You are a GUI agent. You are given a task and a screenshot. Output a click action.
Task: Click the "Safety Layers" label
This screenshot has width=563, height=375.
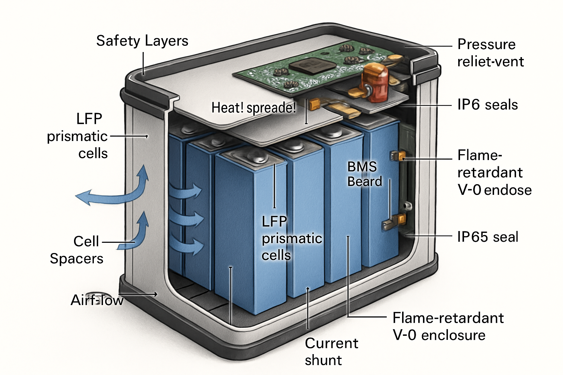coord(142,41)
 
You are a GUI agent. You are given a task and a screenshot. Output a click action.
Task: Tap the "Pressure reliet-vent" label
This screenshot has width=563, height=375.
coord(490,53)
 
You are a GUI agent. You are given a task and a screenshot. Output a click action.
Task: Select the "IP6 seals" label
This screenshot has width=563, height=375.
coord(487,105)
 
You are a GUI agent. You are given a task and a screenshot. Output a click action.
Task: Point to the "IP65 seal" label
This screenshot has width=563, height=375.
coord(487,237)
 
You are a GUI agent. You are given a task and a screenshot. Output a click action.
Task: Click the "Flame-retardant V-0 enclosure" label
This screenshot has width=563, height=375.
coord(448,326)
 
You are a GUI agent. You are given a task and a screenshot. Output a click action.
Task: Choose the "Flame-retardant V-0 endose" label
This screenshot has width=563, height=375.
coord(494,172)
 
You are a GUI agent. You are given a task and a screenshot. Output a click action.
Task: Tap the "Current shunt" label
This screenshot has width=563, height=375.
coord(331,351)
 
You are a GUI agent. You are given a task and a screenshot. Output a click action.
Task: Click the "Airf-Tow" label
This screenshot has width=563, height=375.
coord(97,300)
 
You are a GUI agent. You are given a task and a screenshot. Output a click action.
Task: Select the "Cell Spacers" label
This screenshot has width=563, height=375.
coord(77,250)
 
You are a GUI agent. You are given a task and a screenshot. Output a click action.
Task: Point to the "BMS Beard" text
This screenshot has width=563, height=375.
coord(364,174)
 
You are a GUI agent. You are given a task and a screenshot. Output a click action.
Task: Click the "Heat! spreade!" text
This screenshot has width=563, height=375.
coord(254,108)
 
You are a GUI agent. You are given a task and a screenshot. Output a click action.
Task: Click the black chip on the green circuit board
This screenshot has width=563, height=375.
coord(313,66)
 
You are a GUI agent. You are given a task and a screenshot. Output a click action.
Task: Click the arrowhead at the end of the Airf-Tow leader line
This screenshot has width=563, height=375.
coord(155,294)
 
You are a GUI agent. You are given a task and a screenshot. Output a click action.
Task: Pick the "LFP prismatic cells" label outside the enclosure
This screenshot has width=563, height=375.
coord(78,136)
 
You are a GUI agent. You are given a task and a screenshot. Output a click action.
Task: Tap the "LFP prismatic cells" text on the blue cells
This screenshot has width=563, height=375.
coord(291,238)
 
